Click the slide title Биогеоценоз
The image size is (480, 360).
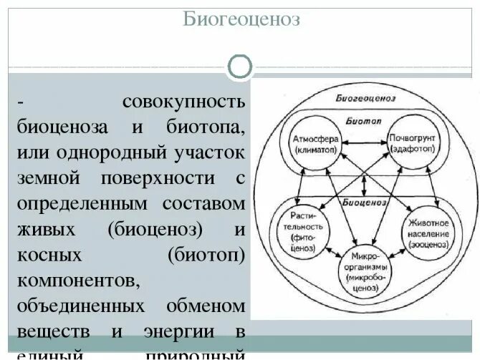coord(240,20)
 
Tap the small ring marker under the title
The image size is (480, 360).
coord(240,67)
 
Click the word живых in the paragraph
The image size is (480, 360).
coord(42,229)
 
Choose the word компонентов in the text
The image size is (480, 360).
coord(69,280)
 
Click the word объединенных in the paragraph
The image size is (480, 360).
coord(74,306)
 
